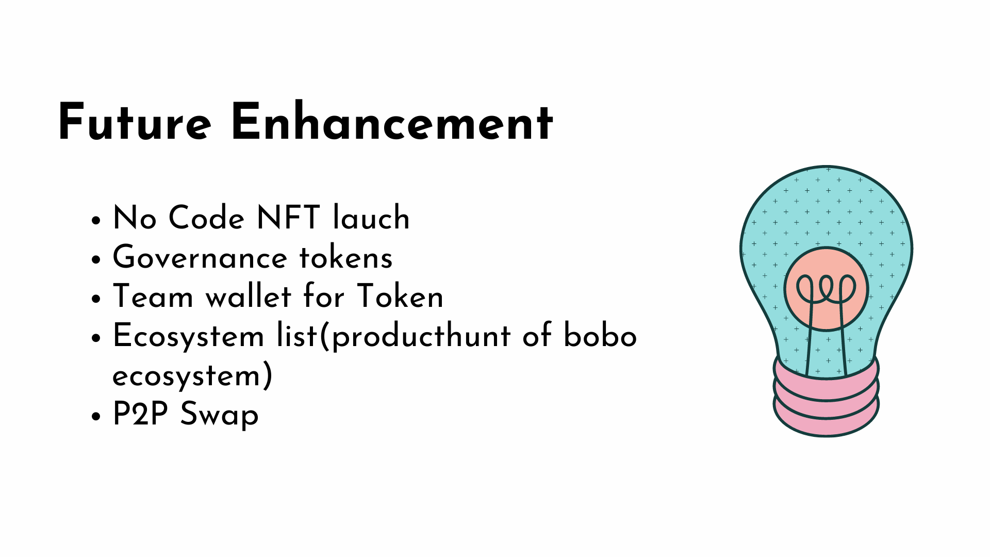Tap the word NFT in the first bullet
point(288,218)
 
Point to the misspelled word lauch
point(371,218)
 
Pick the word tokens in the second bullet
point(346,257)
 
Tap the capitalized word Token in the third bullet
point(400,297)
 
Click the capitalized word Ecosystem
point(189,336)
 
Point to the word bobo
point(600,336)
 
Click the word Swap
point(219,415)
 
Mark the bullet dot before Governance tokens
point(95,260)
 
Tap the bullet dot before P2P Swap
point(95,417)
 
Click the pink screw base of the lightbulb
point(826,402)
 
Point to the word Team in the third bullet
point(153,297)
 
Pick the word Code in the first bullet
point(207,218)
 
